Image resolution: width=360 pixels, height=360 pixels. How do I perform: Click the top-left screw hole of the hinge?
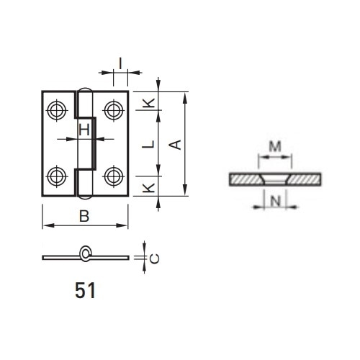coord(57,110)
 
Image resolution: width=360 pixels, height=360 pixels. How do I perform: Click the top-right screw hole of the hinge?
coord(114,110)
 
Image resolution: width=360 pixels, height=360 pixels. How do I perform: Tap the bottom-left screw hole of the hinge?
coord(57,176)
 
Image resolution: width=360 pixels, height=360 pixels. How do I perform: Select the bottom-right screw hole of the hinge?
coord(114,176)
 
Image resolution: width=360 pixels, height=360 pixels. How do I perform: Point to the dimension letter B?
coord(84,216)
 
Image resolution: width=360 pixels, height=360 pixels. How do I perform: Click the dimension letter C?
coord(154,258)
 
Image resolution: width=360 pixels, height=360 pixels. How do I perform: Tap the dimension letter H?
coord(84,130)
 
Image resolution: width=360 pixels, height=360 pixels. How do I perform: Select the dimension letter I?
coord(120,63)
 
